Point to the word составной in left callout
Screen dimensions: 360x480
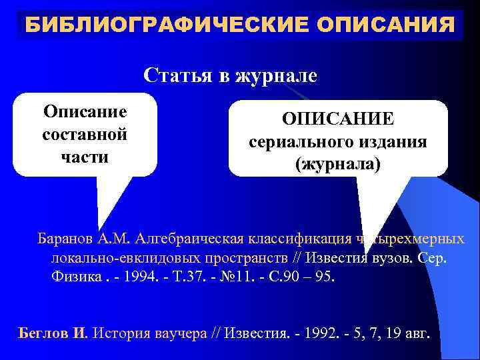(85, 134)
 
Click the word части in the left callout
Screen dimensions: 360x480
(85, 159)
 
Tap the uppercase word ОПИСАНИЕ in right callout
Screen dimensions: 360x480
(338, 118)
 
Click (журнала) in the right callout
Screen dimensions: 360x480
(338, 165)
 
